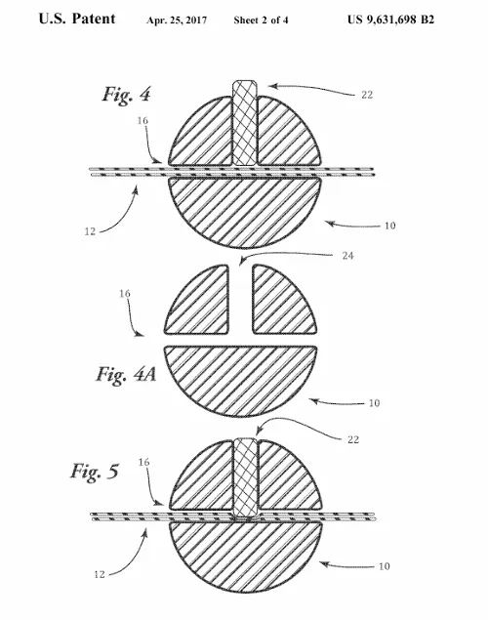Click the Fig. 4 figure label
(127, 95)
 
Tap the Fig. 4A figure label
(126, 374)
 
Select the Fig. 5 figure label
(95, 472)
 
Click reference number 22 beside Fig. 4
(367, 95)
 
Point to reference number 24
(347, 256)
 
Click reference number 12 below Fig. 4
(90, 231)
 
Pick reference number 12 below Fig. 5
(100, 574)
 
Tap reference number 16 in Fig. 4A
(125, 293)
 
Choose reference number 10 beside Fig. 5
(385, 566)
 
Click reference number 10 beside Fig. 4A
(374, 403)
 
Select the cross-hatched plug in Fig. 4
(245, 123)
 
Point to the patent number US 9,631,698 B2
(390, 20)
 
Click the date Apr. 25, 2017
(177, 21)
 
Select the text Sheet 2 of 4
(261, 20)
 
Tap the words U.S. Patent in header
(77, 19)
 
